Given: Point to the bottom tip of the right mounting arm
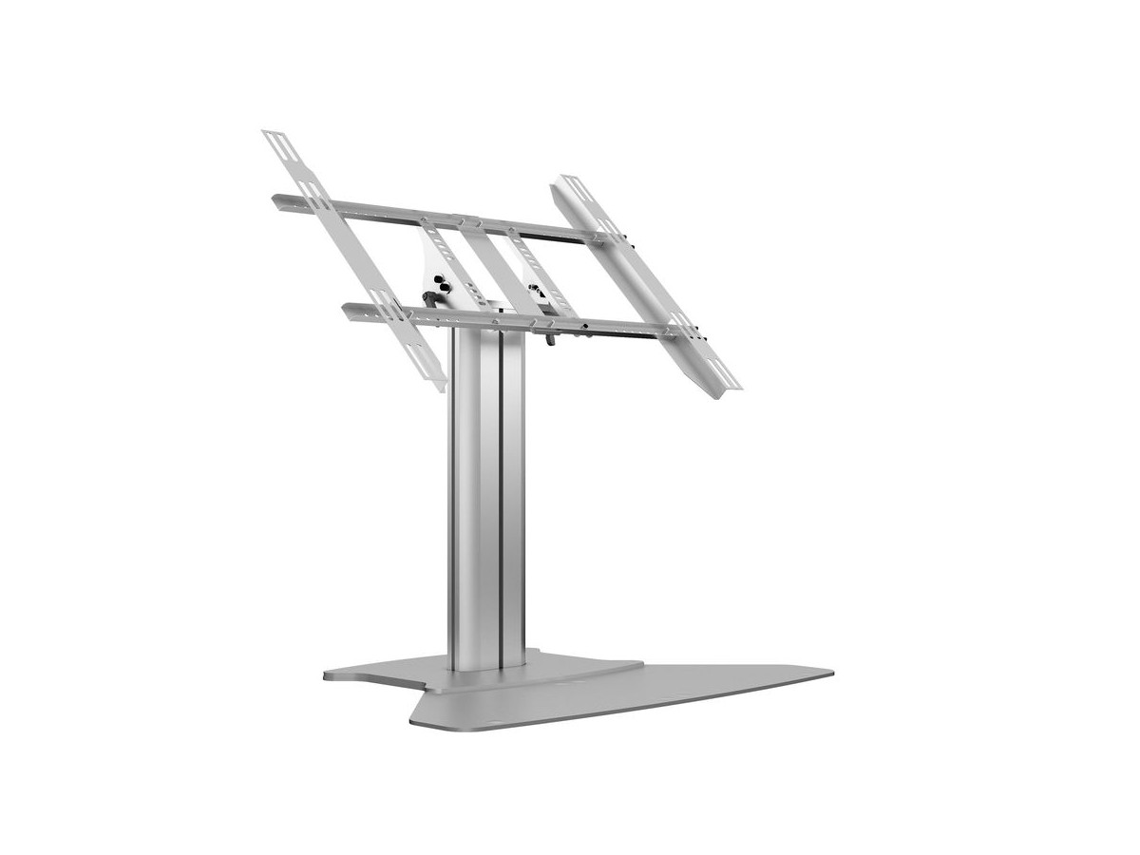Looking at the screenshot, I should point(732,385).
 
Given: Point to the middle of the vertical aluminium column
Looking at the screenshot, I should point(486,494).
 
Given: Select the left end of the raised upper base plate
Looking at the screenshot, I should point(329,675).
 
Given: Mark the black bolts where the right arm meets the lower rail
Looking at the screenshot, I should point(698,332).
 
